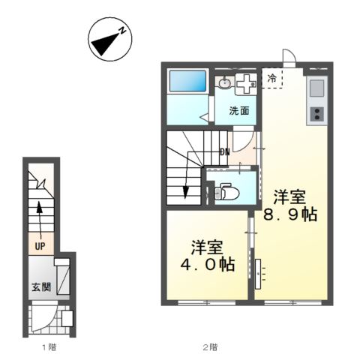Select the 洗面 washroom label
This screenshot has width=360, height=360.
tap(239, 111)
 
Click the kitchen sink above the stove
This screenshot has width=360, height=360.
tap(316, 89)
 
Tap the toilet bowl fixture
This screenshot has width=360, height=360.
tap(227, 193)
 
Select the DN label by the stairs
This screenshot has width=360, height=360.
tap(224, 153)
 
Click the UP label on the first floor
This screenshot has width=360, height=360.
tap(39, 245)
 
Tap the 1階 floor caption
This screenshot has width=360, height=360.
tap(48, 347)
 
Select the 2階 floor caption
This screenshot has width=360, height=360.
tap(209, 347)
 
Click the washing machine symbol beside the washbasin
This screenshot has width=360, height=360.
tap(245, 85)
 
